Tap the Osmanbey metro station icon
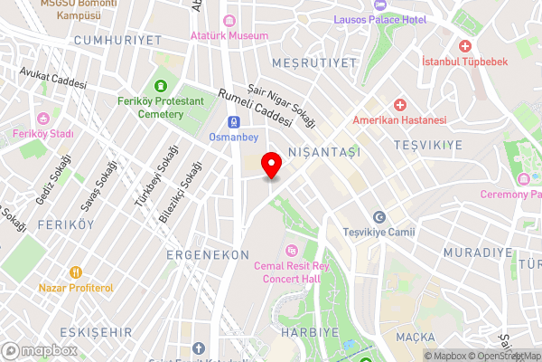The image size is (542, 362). point(233,121)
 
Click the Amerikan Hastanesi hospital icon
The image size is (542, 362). point(399,105)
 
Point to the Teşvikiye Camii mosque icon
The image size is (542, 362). point(379,217)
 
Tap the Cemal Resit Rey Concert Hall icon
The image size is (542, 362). point(291,250)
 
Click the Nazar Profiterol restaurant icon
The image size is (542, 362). point(76,271)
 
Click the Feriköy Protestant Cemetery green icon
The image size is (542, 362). point(161,86)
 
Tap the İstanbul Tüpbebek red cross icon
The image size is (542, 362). point(465,45)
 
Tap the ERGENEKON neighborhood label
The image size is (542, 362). point(207,256)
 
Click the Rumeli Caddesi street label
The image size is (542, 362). point(257,106)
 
